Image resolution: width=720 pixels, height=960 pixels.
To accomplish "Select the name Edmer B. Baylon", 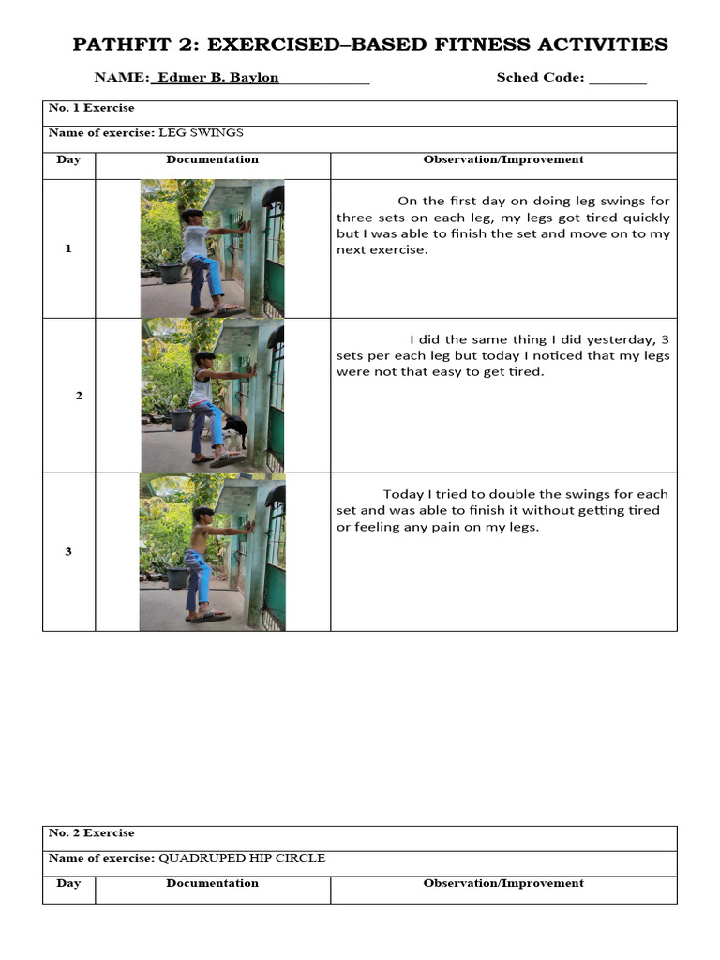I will click(217, 78).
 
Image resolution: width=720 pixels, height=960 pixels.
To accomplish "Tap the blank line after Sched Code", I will click(618, 79).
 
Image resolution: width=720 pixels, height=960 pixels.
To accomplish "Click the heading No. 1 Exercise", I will click(92, 108).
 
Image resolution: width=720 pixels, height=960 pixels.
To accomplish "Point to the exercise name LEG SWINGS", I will click(202, 133).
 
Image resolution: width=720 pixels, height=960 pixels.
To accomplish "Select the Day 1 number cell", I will click(68, 248).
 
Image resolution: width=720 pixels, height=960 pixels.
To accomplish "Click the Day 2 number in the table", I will click(79, 396).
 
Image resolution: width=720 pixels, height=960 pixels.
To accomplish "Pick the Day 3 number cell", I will click(68, 551).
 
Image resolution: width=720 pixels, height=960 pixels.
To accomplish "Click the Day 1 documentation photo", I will click(212, 248).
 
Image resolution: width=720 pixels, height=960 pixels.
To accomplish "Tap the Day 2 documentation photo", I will click(212, 395).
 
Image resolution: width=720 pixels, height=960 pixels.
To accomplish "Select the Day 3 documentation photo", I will click(212, 551).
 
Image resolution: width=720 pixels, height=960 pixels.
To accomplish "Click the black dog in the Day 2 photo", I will click(235, 431).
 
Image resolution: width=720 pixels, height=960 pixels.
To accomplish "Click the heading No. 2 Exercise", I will click(92, 832).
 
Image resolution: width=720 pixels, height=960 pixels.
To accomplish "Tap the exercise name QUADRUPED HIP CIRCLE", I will click(242, 858).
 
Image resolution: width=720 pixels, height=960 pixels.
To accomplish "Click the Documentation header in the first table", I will click(213, 159).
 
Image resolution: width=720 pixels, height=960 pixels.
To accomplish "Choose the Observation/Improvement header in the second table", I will click(503, 883).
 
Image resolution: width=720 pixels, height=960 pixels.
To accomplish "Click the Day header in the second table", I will click(68, 883).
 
